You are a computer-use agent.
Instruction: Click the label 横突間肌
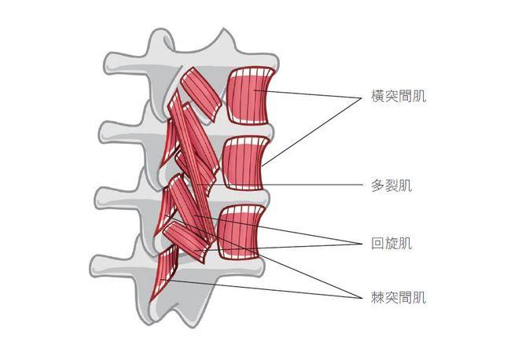399,96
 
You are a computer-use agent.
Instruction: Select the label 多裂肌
392,186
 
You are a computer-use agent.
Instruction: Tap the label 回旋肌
392,243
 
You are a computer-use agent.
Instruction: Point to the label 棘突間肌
399,297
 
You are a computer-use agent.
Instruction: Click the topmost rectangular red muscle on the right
251,95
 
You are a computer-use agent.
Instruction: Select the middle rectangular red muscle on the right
246,163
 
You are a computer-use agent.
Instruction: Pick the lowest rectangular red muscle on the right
241,232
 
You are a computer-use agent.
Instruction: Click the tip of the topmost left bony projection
105,64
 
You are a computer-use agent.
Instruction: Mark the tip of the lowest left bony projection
91,266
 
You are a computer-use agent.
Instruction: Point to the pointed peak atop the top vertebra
223,29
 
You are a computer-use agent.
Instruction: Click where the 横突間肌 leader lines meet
362,98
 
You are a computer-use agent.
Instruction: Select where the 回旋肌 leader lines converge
362,244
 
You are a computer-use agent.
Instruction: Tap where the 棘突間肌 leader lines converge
362,298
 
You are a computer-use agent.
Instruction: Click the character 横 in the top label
378,96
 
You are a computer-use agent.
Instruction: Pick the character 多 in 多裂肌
378,186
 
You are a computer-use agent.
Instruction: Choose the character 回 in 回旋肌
378,243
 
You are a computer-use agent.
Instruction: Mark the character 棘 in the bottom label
378,297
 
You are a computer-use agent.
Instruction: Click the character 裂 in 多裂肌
392,186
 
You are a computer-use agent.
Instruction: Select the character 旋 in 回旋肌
392,243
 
